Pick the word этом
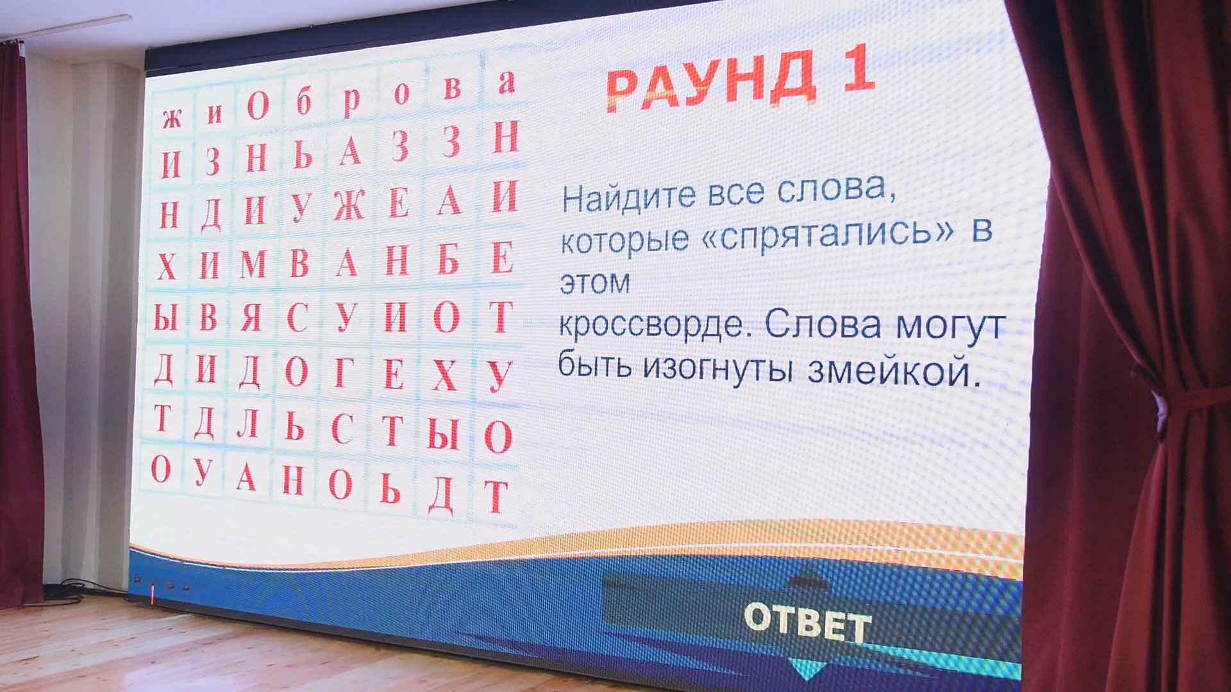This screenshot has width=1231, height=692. (594, 283)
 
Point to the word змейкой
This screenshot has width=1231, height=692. (894, 371)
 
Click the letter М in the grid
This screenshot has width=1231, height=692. (253, 263)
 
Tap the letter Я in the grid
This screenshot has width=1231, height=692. (251, 317)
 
